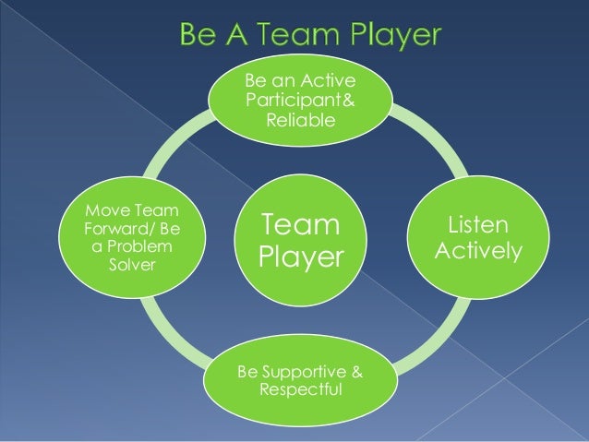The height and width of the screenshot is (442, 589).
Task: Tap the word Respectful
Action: pyautogui.click(x=301, y=390)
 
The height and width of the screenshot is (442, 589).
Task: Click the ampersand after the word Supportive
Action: pyautogui.click(x=356, y=373)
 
